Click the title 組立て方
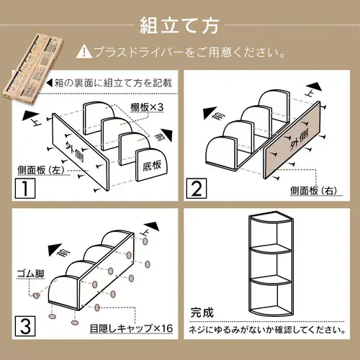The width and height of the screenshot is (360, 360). [x=179, y=25]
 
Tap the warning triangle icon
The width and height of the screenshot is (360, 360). [x=84, y=52]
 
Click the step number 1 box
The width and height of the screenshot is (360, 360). [x=25, y=189]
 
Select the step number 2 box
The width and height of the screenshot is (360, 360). [x=197, y=189]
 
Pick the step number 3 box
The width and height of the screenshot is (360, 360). [x=25, y=326]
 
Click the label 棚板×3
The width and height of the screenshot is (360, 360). [x=147, y=107]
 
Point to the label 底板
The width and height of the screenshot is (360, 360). [x=152, y=166]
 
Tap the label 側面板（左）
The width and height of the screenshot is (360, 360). [x=41, y=171]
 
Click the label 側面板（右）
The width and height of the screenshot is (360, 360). [x=314, y=191]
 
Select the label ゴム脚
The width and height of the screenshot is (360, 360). [x=31, y=274]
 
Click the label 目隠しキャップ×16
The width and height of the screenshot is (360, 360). [x=131, y=328]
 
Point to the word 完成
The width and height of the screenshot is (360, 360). [x=202, y=312]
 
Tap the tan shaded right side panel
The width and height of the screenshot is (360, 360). [x=292, y=140]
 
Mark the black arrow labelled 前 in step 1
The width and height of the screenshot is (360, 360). [x=167, y=135]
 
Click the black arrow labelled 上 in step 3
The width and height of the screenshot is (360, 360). [x=152, y=226]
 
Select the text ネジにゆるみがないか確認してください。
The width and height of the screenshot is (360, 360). [x=267, y=330]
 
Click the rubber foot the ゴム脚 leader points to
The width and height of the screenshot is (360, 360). [x=36, y=295]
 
